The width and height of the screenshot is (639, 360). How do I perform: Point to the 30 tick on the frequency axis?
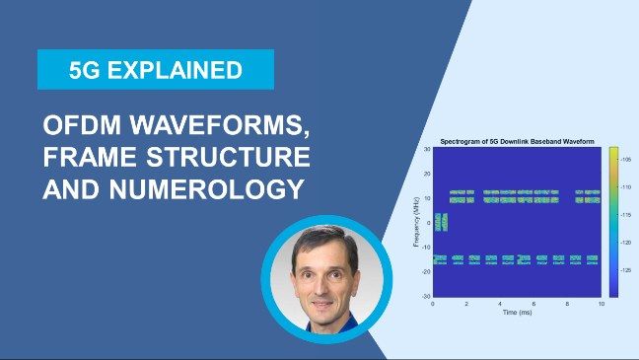pyautogui.click(x=426, y=149)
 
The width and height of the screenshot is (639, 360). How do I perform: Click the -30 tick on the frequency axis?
pyautogui.click(x=425, y=296)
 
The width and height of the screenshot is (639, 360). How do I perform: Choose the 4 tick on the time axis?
pyautogui.click(x=500, y=304)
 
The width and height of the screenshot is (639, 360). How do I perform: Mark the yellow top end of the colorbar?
pyautogui.click(x=612, y=151)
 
